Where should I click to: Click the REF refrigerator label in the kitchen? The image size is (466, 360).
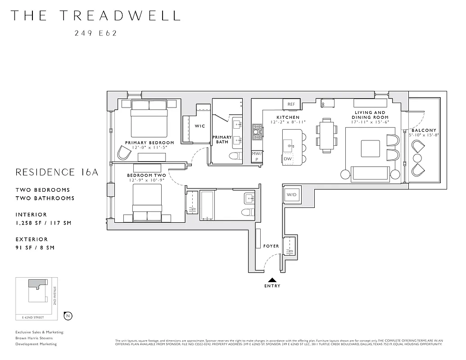[x=291, y=104]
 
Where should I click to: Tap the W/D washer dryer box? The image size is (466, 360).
[x=291, y=195]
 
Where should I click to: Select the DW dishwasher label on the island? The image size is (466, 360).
[x=288, y=158]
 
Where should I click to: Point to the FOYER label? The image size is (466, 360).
[x=271, y=246]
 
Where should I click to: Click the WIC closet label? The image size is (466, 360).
[x=199, y=126]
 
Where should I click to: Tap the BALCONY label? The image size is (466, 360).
[x=424, y=130]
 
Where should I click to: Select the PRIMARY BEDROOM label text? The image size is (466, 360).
[x=149, y=143]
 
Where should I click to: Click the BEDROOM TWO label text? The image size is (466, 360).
[x=146, y=175]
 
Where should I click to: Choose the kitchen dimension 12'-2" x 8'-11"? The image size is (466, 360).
[x=288, y=122]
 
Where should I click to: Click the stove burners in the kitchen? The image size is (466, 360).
[x=257, y=132]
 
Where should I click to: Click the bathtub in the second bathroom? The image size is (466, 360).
[x=207, y=205]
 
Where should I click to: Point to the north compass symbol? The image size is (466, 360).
[x=68, y=316]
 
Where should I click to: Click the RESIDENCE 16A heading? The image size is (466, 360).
[x=56, y=172]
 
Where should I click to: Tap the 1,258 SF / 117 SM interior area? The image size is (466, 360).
[x=43, y=223]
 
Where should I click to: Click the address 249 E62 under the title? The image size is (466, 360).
[x=95, y=33]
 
